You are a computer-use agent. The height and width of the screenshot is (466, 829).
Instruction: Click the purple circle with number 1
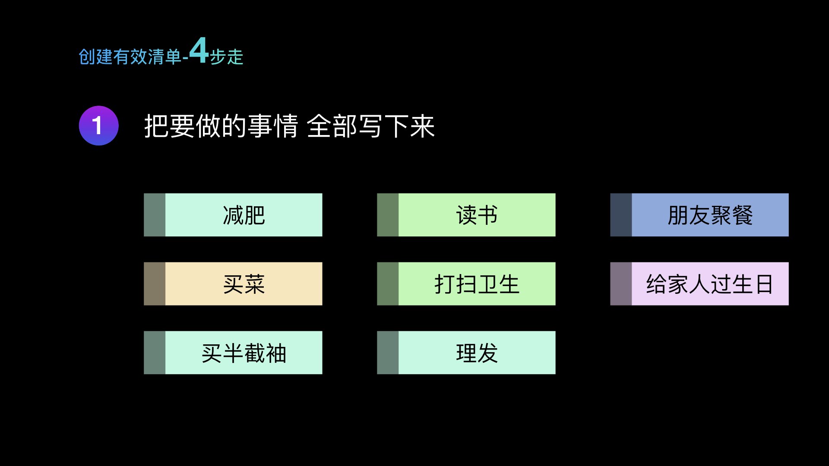pyautogui.click(x=98, y=126)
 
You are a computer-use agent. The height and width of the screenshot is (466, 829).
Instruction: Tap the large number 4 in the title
pyautogui.click(x=199, y=50)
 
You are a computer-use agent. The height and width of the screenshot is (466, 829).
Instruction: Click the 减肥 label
pyautogui.click(x=244, y=215)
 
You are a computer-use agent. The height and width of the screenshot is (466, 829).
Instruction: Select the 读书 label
pyautogui.click(x=477, y=215)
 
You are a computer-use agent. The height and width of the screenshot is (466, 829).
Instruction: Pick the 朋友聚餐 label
pyautogui.click(x=710, y=215)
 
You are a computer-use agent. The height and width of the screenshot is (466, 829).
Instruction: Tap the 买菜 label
pyautogui.click(x=244, y=284)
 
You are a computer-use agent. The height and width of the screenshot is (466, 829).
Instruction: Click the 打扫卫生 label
pyautogui.click(x=477, y=284)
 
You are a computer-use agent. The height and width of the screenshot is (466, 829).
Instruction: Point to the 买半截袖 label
pyautogui.click(x=244, y=353)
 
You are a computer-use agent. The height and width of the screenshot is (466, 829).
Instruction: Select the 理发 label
pyautogui.click(x=477, y=353)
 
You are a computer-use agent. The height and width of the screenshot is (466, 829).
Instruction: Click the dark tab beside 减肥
pyautogui.click(x=155, y=215)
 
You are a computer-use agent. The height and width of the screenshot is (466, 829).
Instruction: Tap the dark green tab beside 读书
pyautogui.click(x=388, y=215)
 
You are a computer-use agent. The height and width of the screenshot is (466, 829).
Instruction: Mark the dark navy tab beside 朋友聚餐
pyautogui.click(x=621, y=215)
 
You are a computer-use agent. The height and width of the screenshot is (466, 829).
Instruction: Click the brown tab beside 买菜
pyautogui.click(x=155, y=284)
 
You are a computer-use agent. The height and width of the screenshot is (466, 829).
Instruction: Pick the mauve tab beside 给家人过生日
pyautogui.click(x=621, y=284)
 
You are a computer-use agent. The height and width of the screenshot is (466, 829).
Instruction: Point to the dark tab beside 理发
pyautogui.click(x=388, y=353)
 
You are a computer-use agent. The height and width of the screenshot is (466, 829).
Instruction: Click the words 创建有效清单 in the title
pyautogui.click(x=130, y=57)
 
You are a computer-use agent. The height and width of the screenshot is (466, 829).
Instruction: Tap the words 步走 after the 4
pyautogui.click(x=227, y=57)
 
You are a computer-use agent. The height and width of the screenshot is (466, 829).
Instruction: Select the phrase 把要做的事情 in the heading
pyautogui.click(x=221, y=126)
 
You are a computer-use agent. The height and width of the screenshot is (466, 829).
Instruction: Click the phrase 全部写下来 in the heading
pyautogui.click(x=371, y=126)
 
